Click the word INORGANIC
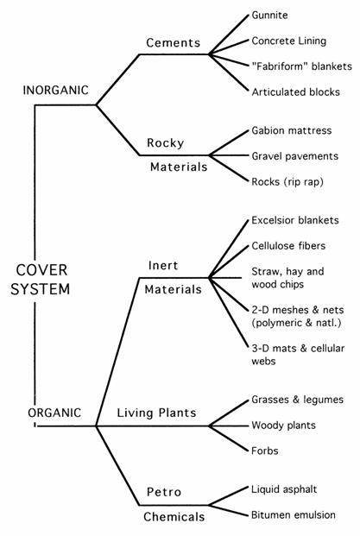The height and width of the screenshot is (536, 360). pos(55,91)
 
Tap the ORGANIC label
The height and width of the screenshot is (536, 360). pos(54,413)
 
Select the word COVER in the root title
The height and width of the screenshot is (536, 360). pos(41,270)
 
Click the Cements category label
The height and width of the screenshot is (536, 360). pos(173,43)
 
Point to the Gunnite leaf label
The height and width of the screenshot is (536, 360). pos(269,15)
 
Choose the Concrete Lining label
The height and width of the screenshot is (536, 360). pos(289,41)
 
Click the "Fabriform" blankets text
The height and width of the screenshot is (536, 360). pos(301,66)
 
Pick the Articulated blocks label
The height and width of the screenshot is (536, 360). pos(296,92)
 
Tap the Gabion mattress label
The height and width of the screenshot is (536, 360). pos(292,130)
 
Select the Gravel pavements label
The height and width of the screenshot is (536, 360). pos(294,156)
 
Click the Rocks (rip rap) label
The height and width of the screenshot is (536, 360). pos(287,181)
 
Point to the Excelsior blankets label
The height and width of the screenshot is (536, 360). pos(295,220)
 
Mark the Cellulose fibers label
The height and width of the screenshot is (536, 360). pos(288,246)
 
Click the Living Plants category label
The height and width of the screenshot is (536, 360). pos(156,413)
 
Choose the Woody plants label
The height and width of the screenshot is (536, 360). pos(283,426)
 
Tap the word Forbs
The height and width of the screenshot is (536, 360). pos(265,451)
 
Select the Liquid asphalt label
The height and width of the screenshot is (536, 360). pos(284,489)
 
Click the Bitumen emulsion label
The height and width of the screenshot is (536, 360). pos(294,514)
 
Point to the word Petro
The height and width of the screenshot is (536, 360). pos(164,492)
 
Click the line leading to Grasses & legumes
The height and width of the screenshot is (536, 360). pos(229,413)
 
